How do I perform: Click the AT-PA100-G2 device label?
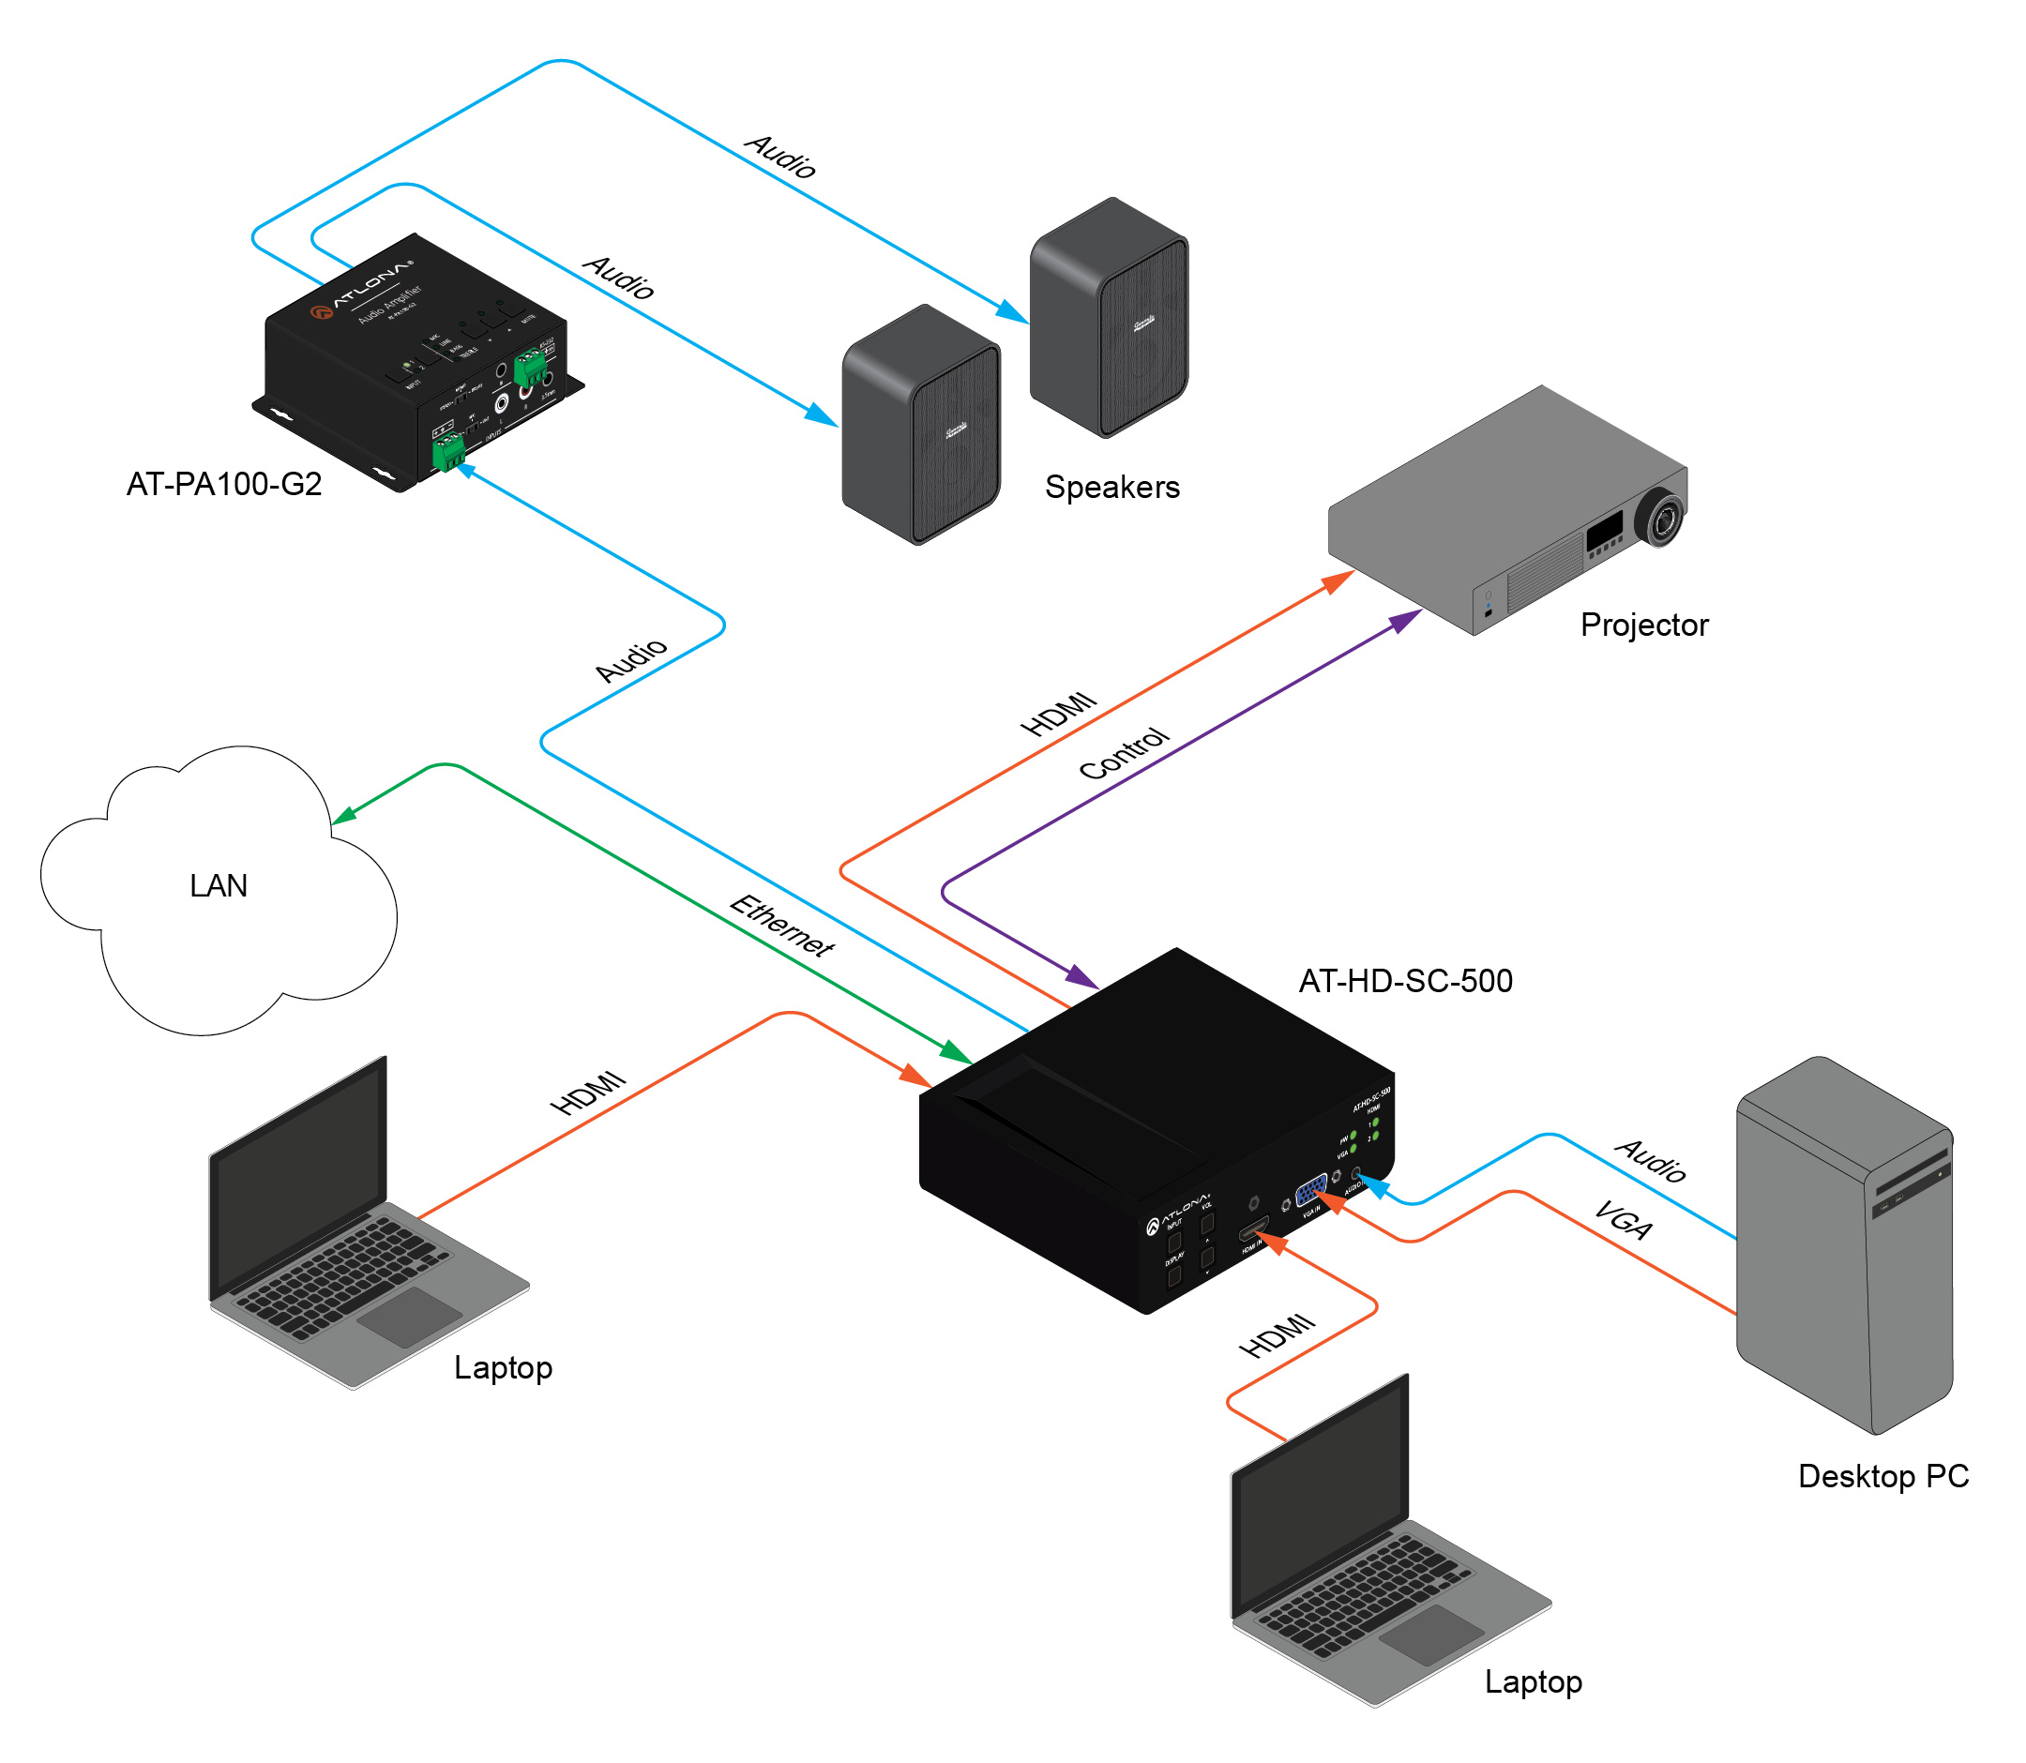224,485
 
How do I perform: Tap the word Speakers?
1111,488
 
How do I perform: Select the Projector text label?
1644,625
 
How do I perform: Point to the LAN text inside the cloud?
219,886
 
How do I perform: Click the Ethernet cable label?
782,926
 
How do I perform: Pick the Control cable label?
1124,754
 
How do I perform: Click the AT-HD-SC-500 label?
1405,982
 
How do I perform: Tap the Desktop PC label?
1883,1477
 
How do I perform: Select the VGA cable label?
1624,1221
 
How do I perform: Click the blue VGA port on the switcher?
1310,1191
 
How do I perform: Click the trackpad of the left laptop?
409,1317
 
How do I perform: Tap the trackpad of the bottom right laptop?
1431,1635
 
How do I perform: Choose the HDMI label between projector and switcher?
1058,715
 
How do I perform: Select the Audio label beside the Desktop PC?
1652,1161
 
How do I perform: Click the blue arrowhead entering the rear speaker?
1011,313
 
